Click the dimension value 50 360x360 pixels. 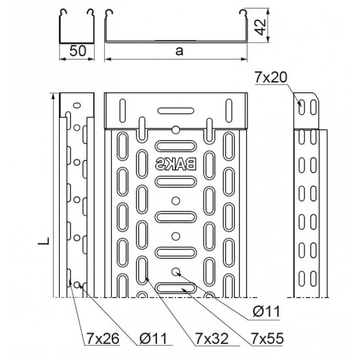point(78,51)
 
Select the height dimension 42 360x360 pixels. point(261,27)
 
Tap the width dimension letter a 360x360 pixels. point(179,51)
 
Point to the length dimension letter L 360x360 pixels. point(44,240)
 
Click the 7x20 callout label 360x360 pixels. point(271,77)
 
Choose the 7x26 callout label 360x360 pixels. point(103,338)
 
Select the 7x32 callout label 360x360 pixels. point(212,338)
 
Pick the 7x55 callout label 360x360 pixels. point(268,338)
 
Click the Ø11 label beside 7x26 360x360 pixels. point(153,338)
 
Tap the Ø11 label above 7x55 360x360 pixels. point(266,312)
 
